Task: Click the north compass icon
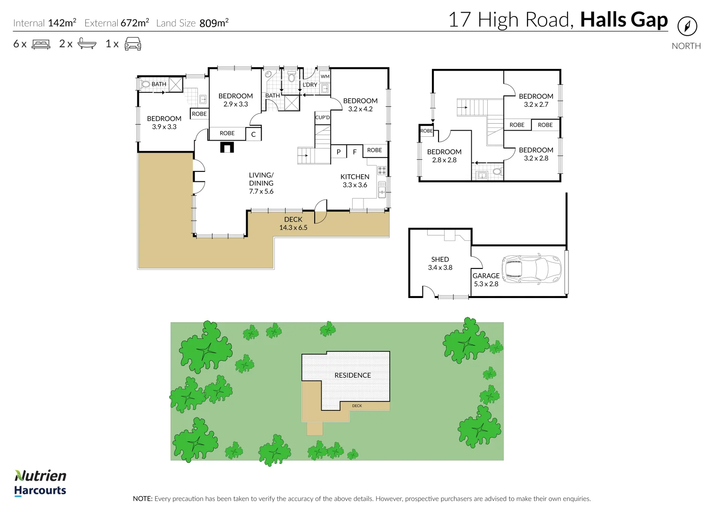[x=687, y=26]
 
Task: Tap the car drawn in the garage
[x=531, y=269]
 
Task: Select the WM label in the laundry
[x=325, y=76]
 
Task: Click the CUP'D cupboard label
[x=322, y=118]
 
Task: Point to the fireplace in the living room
[x=227, y=148]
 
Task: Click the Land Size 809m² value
[x=214, y=23]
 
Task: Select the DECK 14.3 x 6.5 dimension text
[x=293, y=228]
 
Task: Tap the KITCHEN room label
[x=355, y=177]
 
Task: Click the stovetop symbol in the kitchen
[x=382, y=171]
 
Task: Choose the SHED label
[x=440, y=259]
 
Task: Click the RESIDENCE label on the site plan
[x=353, y=375]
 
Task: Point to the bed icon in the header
[x=41, y=45]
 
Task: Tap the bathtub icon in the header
[x=87, y=44]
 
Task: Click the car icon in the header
[x=133, y=45]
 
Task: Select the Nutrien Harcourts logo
[x=40, y=483]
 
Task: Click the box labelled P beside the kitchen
[x=339, y=152]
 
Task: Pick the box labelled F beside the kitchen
[x=355, y=152]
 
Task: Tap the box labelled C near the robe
[x=253, y=134]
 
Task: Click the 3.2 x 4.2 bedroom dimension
[x=360, y=109]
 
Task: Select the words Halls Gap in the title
[x=624, y=20]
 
